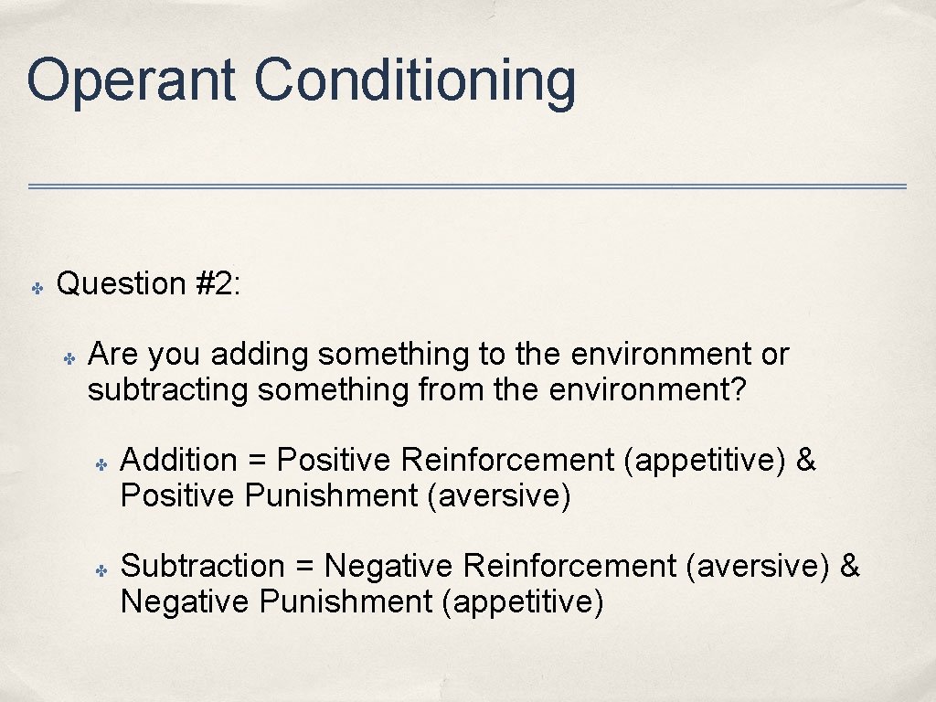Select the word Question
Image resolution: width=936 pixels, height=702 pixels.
(x=122, y=283)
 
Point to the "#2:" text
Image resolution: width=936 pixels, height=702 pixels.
(x=218, y=283)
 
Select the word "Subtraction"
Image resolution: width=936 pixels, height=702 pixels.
(x=203, y=566)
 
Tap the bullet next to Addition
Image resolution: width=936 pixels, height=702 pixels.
(x=102, y=464)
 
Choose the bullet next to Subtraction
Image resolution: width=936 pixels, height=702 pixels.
(x=102, y=570)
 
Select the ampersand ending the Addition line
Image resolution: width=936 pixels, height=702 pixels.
(x=805, y=460)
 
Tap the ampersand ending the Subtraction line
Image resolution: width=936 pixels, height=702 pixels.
(x=849, y=566)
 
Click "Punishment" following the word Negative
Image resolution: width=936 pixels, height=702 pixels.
(x=345, y=602)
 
